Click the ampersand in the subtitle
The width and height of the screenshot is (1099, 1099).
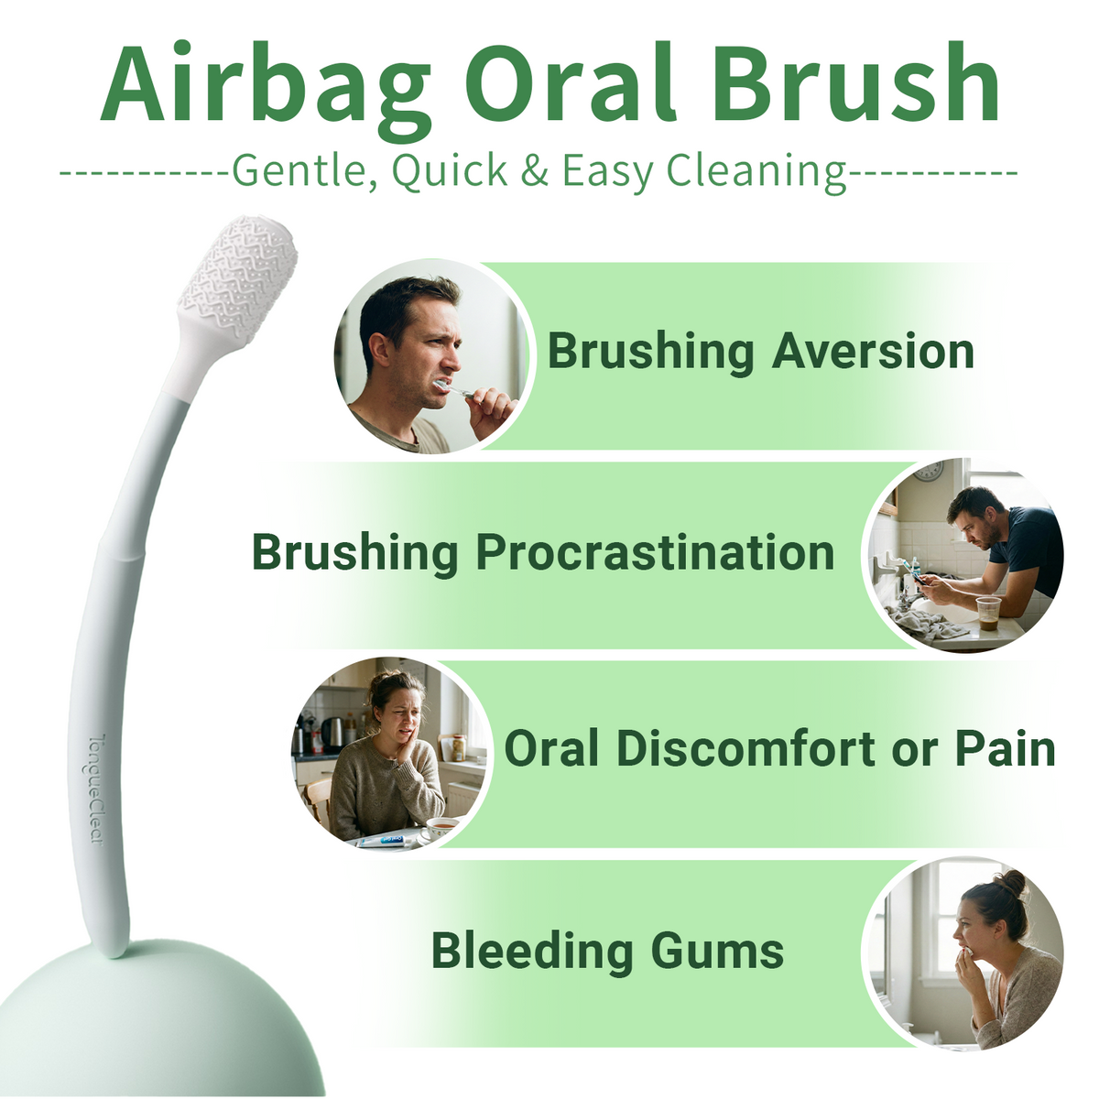click(534, 170)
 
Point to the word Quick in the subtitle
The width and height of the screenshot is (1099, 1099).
click(450, 171)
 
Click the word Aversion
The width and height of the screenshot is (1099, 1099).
click(873, 352)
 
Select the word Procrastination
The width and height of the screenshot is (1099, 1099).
click(656, 552)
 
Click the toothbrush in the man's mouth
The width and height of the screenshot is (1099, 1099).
click(453, 388)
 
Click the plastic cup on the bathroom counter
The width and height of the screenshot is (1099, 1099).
click(988, 613)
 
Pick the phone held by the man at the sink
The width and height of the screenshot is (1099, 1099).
click(918, 578)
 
